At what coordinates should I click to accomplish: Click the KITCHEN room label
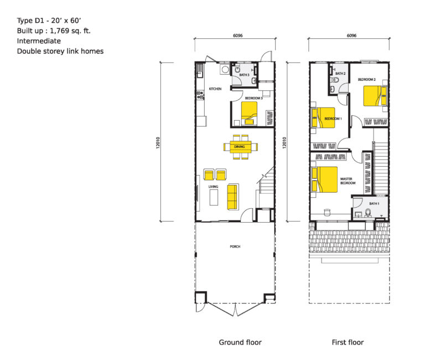pyautogui.click(x=215, y=89)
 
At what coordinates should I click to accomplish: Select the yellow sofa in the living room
pyautogui.click(x=232, y=197)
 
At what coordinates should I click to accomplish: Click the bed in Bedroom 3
pyautogui.click(x=251, y=112)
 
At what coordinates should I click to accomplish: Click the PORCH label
pyautogui.click(x=235, y=246)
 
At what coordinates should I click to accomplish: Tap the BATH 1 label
pyautogui.click(x=375, y=204)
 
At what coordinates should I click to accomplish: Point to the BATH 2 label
pyautogui.click(x=340, y=73)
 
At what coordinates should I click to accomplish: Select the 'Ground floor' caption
pyautogui.click(x=240, y=342)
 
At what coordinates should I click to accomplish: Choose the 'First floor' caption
pyautogui.click(x=348, y=342)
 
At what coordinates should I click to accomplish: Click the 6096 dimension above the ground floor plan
pyautogui.click(x=238, y=35)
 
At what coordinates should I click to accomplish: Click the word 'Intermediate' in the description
pyautogui.click(x=39, y=41)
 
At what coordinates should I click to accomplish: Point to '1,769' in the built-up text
pyautogui.click(x=57, y=31)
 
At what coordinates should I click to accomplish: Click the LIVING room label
pyautogui.click(x=213, y=187)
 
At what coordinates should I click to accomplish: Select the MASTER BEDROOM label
pyautogui.click(x=348, y=181)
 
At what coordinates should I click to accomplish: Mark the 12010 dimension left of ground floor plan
pyautogui.click(x=158, y=142)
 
